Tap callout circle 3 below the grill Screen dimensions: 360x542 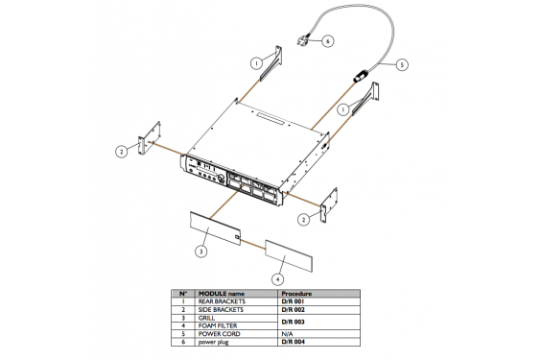tap(200, 252)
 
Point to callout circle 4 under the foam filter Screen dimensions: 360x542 tap(277, 279)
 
